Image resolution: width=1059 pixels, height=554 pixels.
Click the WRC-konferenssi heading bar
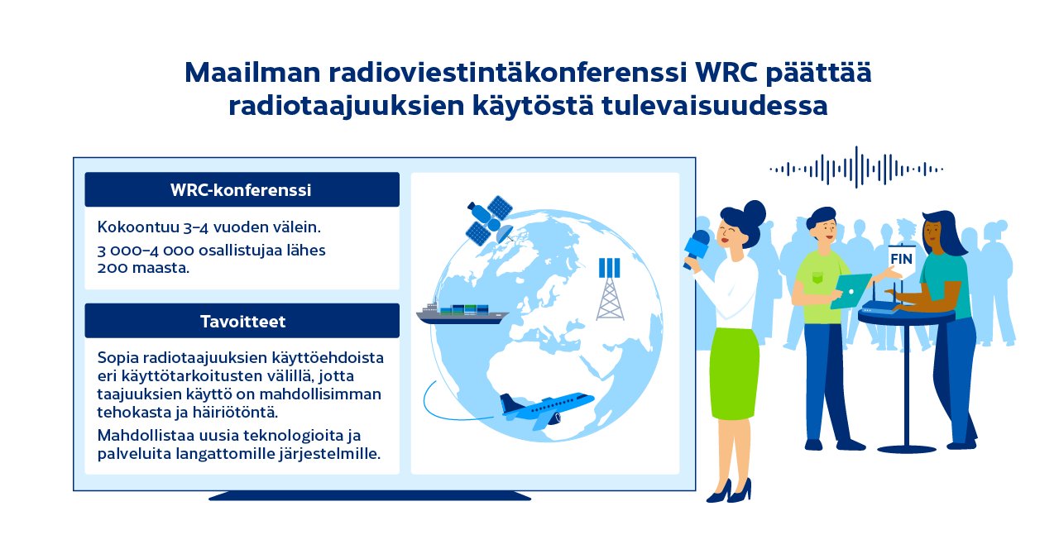[242, 189]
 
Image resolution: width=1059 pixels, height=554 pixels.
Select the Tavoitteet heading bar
[242, 321]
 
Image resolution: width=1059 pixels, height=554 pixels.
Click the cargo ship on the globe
[462, 312]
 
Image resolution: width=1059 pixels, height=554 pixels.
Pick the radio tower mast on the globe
[610, 289]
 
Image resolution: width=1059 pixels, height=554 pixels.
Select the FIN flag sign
[901, 258]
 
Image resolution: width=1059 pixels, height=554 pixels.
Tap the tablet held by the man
[851, 290]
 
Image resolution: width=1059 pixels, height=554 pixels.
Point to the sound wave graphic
[856, 169]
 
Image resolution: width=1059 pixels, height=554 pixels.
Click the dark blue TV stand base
[370, 496]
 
